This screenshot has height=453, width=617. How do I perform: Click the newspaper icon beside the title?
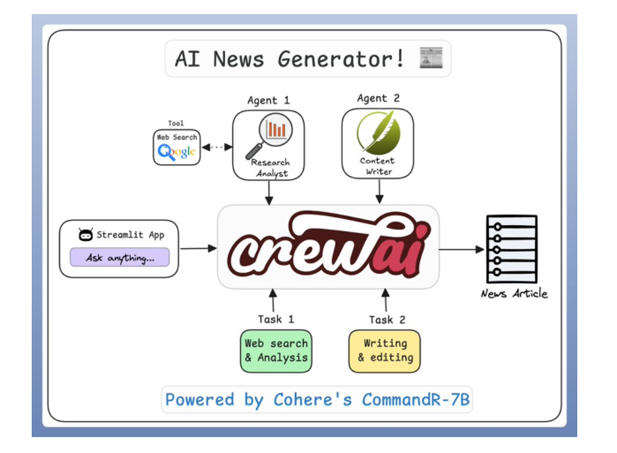pyautogui.click(x=431, y=58)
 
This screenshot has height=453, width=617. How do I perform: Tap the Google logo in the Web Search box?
pyautogui.click(x=176, y=152)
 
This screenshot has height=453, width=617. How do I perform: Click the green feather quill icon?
pyautogui.click(x=378, y=133)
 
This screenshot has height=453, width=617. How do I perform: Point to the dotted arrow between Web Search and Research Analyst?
pyautogui.click(x=217, y=148)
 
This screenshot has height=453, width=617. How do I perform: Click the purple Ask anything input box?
pyautogui.click(x=120, y=258)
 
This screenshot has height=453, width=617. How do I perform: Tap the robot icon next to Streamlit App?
pyautogui.click(x=86, y=235)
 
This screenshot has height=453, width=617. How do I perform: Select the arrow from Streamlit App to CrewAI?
pyautogui.click(x=198, y=248)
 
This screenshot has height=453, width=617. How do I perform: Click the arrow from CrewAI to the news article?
pyautogui.click(x=462, y=249)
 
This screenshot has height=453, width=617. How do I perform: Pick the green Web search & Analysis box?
pyautogui.click(x=276, y=351)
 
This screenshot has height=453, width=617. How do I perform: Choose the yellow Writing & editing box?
pyautogui.click(x=384, y=351)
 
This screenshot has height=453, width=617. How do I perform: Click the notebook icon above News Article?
pyautogui.click(x=511, y=249)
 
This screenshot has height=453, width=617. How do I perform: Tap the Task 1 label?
pyautogui.click(x=276, y=319)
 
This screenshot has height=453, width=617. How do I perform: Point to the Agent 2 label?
pyautogui.click(x=378, y=98)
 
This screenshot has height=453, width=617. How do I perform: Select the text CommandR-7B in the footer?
pyautogui.click(x=416, y=399)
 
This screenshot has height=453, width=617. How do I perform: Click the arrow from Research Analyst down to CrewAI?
pyautogui.click(x=269, y=193)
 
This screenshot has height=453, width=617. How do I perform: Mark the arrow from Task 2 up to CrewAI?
pyautogui.click(x=386, y=300)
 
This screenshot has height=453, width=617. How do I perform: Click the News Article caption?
pyautogui.click(x=514, y=294)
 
